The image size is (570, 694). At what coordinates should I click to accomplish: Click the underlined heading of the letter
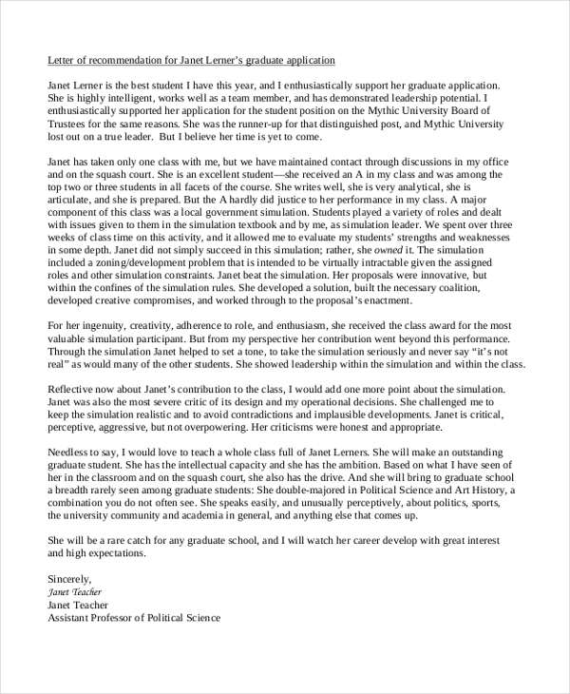pos(191,60)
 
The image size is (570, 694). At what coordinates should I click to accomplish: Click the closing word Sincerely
pos(69,578)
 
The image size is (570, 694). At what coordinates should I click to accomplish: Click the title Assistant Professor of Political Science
pos(134,617)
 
